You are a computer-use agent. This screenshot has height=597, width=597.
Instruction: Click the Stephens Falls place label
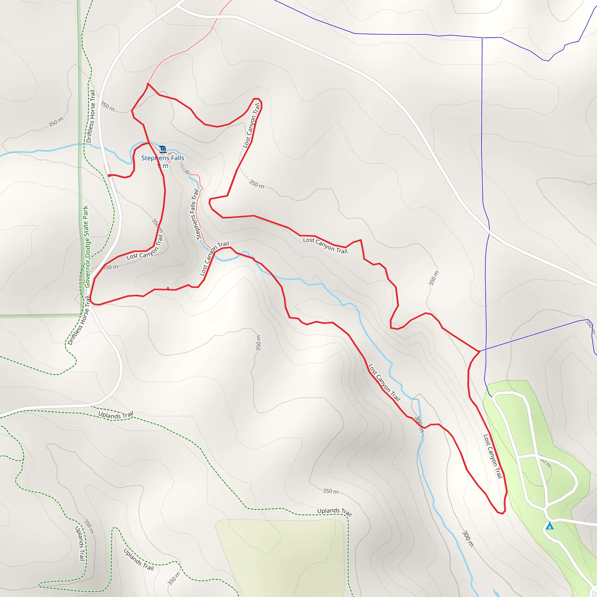pos(163,158)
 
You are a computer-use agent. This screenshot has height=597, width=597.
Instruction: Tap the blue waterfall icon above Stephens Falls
pos(163,150)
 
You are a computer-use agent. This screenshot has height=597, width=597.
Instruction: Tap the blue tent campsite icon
pos(549,526)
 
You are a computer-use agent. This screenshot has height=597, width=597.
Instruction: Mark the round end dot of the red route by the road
pos(109,175)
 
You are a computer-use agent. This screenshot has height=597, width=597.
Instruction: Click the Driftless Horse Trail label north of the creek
pos(91,116)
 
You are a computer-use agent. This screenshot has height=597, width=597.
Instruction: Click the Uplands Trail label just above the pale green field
pos(335,512)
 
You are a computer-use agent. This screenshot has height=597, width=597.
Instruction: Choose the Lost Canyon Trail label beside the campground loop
pos(493,456)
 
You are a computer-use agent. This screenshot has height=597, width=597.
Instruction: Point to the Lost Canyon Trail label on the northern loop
pos(251,125)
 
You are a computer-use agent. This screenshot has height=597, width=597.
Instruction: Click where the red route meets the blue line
pos(480,351)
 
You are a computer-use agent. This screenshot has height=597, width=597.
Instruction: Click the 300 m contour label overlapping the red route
pos(419,424)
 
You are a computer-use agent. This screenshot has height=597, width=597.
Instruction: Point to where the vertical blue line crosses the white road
pos(489,230)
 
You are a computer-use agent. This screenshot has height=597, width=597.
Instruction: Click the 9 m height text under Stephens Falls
pos(163,166)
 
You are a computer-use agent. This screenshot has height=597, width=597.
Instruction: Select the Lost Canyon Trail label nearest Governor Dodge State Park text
pos(145,247)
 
